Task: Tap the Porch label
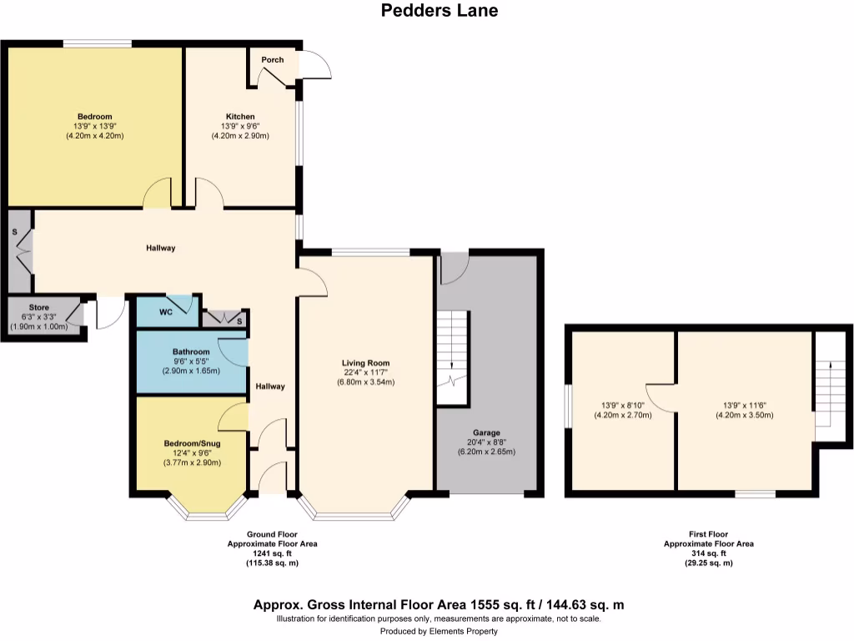[x=272, y=60]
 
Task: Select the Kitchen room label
[x=240, y=116]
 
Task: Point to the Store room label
[x=39, y=308]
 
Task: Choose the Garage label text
[x=487, y=432]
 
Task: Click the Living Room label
[x=366, y=363]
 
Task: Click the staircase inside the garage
[x=453, y=358]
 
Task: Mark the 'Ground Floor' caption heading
[x=272, y=534]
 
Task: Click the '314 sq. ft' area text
[x=708, y=553]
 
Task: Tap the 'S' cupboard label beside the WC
[x=239, y=321]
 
